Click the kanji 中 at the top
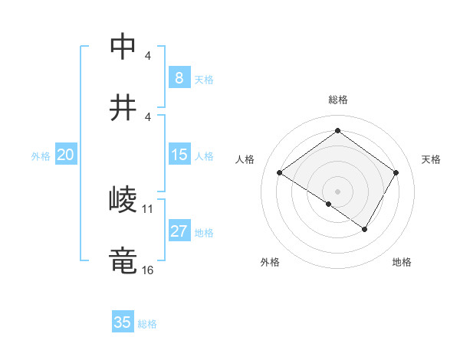pyautogui.click(x=123, y=47)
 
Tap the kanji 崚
pyautogui.click(x=123, y=199)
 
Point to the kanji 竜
pyautogui.click(x=123, y=260)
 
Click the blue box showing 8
pyautogui.click(x=179, y=77)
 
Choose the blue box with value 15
pyautogui.click(x=179, y=155)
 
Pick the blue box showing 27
pyautogui.click(x=179, y=231)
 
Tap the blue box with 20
pyautogui.click(x=66, y=155)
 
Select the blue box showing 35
pyautogui.click(x=123, y=322)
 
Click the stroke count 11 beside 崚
pyautogui.click(x=148, y=208)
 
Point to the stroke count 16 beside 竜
pyautogui.click(x=148, y=270)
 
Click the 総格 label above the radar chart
pyautogui.click(x=338, y=100)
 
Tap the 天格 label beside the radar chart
pyautogui.click(x=431, y=159)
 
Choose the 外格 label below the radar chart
pyautogui.click(x=270, y=263)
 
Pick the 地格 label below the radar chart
pyautogui.click(x=402, y=263)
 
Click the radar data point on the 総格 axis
pyautogui.click(x=337, y=131)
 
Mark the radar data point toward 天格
pyautogui.click(x=396, y=172)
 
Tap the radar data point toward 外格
pyautogui.click(x=328, y=204)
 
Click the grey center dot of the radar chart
pyautogui.click(x=337, y=191)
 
